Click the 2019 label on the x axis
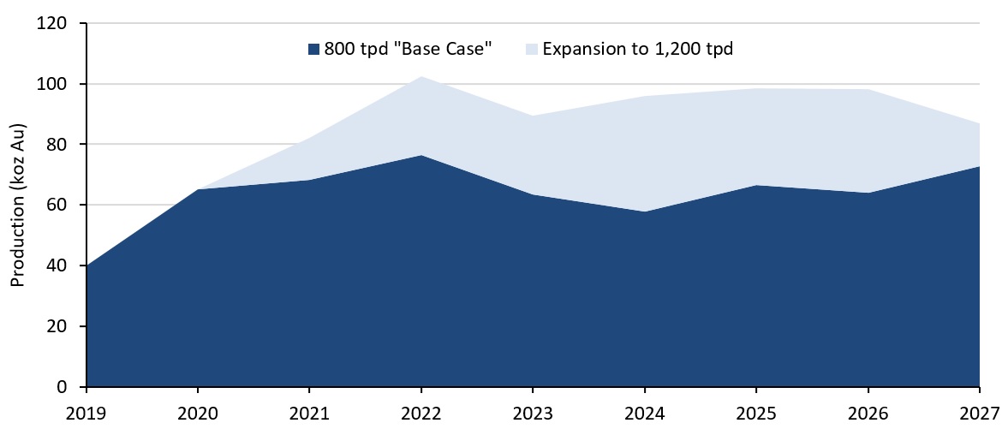(x=86, y=413)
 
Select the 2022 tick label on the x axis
(x=421, y=413)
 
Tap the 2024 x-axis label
(x=644, y=413)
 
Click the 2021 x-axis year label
(x=310, y=413)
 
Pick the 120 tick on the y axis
(x=53, y=24)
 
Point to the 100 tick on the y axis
(x=53, y=85)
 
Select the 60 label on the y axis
(x=57, y=206)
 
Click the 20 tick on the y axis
(x=57, y=327)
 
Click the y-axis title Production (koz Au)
(x=16, y=206)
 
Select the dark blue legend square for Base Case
(x=313, y=50)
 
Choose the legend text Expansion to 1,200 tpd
(x=638, y=50)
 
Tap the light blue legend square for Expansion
(x=532, y=50)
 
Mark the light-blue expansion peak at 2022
(x=421, y=77)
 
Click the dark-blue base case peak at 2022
(x=421, y=156)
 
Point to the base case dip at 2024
(x=644, y=212)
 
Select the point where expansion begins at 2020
(x=199, y=189)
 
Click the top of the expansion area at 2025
(x=755, y=88)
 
